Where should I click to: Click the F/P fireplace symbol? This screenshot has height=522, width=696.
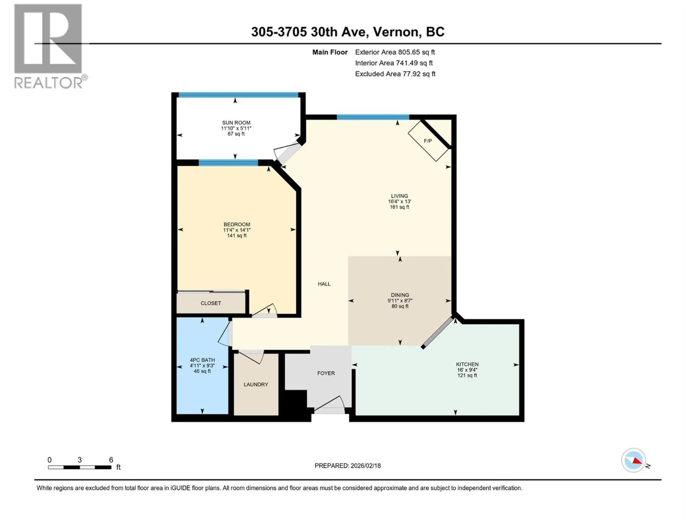coord(428,141)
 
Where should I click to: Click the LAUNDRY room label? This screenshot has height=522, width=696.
coord(256,384)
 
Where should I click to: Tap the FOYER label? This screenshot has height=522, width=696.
coord(326,373)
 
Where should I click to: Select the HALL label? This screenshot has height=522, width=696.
coord(324,284)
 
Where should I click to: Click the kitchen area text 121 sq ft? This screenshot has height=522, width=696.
coord(467,375)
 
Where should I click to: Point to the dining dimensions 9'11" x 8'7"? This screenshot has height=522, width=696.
coord(400,301)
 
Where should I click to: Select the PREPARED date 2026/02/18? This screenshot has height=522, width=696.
coord(365,466)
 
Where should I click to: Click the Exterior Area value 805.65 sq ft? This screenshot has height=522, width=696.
coord(416,52)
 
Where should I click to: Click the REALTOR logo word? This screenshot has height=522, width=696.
coord(48,83)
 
